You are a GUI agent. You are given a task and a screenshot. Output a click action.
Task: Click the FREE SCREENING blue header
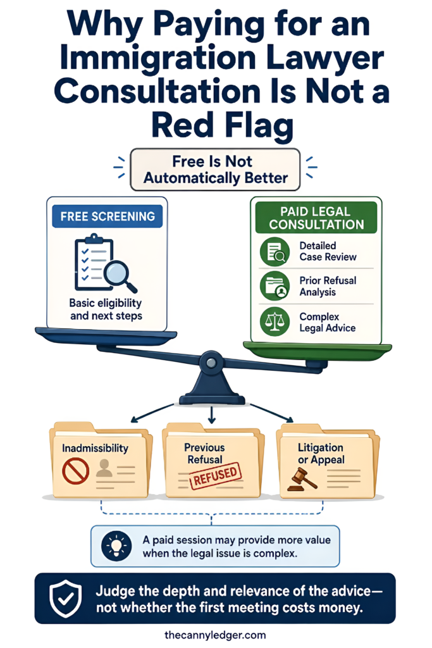click(x=108, y=216)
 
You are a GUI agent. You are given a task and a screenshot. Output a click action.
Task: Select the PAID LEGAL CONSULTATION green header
click(x=316, y=218)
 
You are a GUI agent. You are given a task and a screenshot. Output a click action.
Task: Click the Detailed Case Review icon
click(x=275, y=251)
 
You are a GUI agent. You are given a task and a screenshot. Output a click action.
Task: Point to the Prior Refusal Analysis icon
click(x=275, y=286)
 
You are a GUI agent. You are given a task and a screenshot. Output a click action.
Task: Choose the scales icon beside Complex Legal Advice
click(x=275, y=322)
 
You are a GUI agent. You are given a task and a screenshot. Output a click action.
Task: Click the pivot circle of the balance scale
click(x=211, y=363)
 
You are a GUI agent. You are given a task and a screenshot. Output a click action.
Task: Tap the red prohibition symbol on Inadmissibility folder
click(x=75, y=471)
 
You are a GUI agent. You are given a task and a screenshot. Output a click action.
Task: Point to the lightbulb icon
click(x=116, y=546)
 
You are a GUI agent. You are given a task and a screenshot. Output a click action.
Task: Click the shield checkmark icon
click(x=65, y=598)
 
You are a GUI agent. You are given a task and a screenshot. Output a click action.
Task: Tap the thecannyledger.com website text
click(x=215, y=635)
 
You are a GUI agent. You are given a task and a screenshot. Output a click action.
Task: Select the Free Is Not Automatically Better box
click(x=215, y=170)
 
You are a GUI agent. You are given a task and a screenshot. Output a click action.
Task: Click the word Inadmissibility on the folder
click(x=95, y=448)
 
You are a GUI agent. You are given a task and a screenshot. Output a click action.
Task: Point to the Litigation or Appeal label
click(x=321, y=454)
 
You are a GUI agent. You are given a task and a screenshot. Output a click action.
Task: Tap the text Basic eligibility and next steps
click(x=106, y=309)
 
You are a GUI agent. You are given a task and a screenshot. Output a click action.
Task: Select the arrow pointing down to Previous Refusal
click(x=211, y=414)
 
